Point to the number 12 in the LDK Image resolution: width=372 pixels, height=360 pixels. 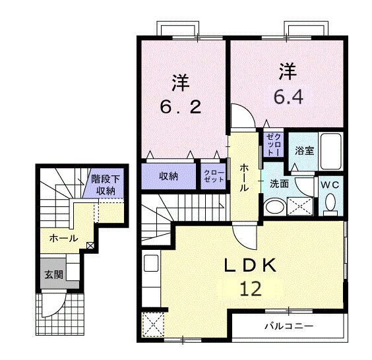pos(245,288)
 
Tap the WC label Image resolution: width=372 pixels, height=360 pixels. pos(330,185)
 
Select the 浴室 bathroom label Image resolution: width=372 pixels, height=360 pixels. pos(304,151)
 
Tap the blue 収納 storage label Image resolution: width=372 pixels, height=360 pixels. pos(169,176)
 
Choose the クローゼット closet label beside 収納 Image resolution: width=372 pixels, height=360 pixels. pos(213,175)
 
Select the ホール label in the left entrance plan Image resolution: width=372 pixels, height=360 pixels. pos(63,237)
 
